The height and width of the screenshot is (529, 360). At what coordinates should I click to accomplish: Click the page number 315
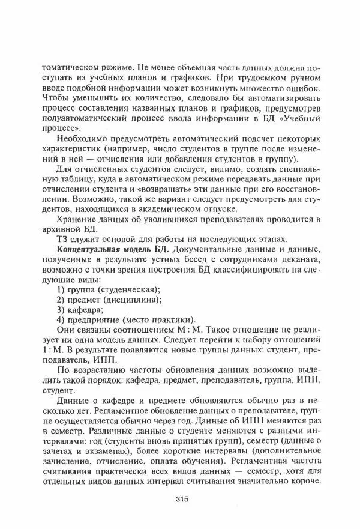(182, 498)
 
